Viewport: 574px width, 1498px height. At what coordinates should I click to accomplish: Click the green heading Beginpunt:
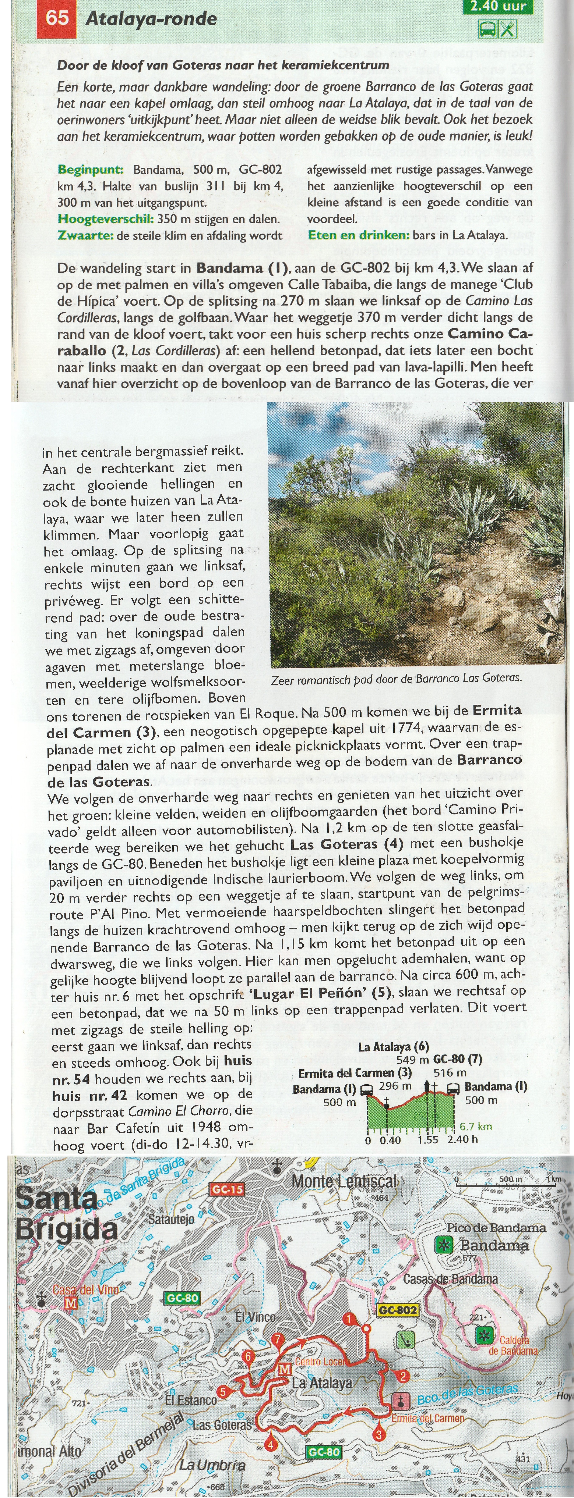pyautogui.click(x=90, y=170)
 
